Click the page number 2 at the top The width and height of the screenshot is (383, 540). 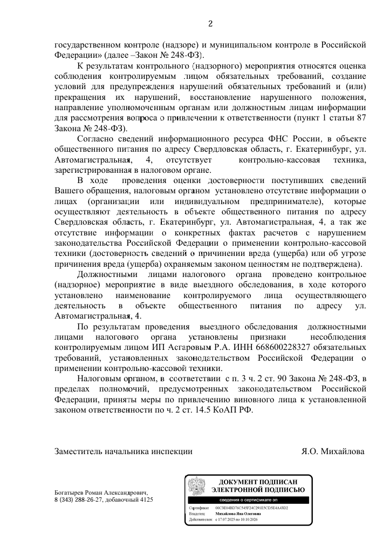[211, 23]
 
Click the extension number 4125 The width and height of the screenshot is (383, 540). [145, 500]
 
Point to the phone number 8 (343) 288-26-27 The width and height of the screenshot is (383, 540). [80, 500]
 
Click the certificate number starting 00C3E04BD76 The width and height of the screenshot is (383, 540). [252, 508]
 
